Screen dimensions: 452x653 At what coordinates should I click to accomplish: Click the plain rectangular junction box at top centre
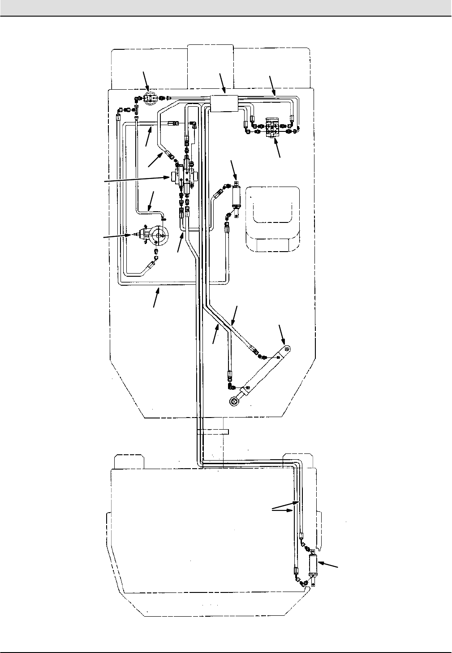(224, 103)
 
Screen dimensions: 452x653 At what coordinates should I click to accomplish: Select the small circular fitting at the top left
(148, 97)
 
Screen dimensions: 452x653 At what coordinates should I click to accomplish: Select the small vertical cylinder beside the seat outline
(236, 197)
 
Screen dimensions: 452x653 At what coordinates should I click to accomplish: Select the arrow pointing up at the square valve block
(278, 148)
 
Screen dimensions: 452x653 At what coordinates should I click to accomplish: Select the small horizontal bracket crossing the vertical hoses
(213, 431)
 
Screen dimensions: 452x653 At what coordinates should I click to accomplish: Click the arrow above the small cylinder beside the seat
(233, 169)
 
